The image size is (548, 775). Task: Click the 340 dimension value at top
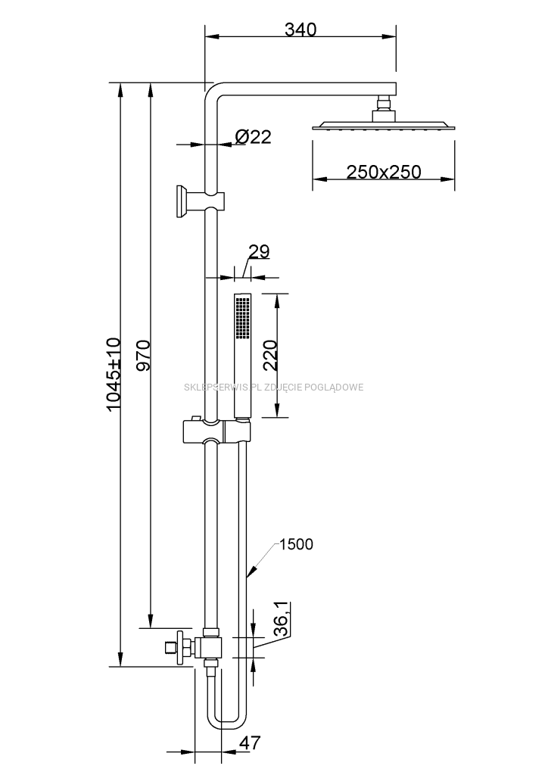[x=300, y=30]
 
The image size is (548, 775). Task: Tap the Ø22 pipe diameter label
[x=253, y=137]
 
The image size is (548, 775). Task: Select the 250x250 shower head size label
[x=384, y=172]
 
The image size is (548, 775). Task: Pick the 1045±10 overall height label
[x=114, y=374]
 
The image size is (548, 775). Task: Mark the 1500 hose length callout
[x=296, y=544]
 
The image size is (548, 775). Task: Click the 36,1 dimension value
[x=280, y=618]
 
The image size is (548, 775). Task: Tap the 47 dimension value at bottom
[x=249, y=742]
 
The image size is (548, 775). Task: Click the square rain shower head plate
[x=384, y=126]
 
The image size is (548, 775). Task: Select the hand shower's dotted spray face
[x=241, y=318]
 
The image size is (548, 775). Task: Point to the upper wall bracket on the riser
[x=189, y=201]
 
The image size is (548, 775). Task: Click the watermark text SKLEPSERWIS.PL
[x=223, y=387]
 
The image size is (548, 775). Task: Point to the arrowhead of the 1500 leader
[x=250, y=579]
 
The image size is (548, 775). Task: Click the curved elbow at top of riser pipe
[x=213, y=92]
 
